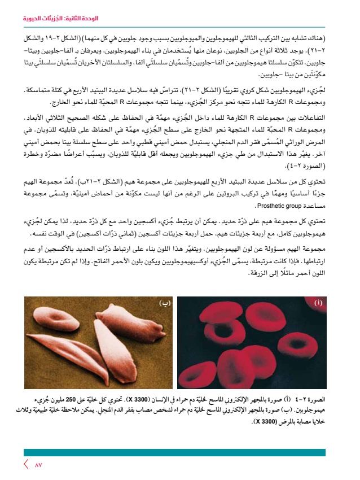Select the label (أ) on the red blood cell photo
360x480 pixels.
(x=318, y=303)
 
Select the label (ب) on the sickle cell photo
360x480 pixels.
(x=165, y=303)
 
